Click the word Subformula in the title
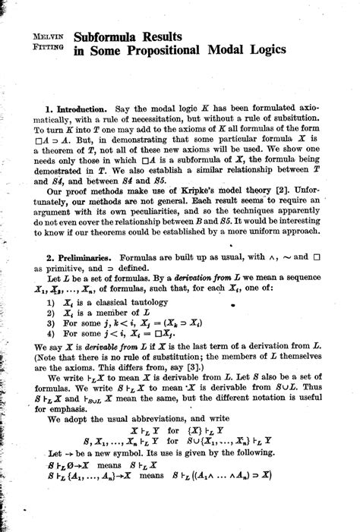pyautogui.click(x=111, y=36)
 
